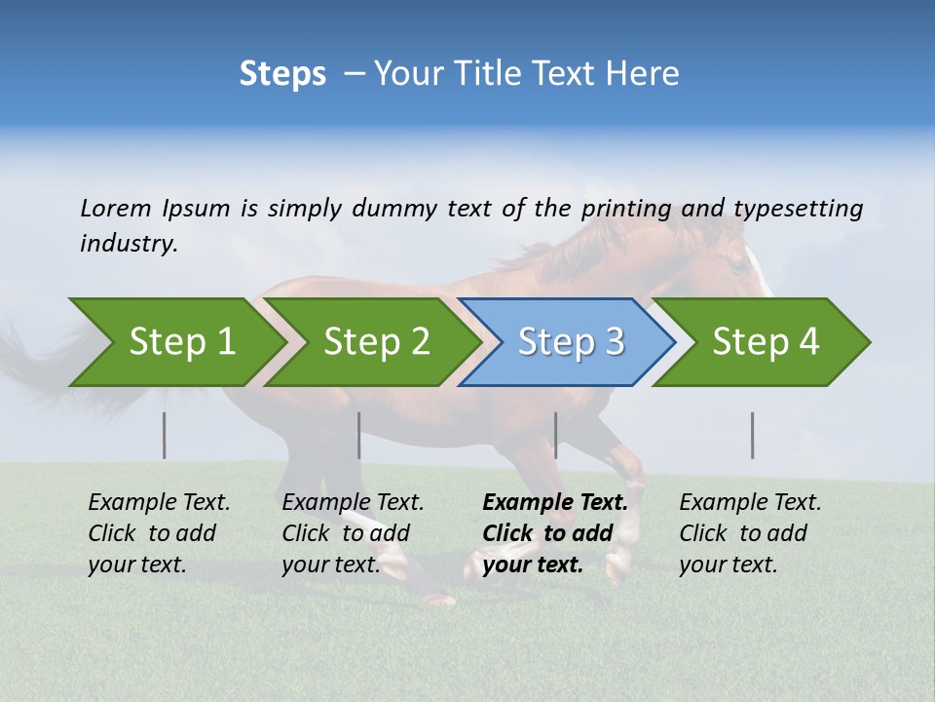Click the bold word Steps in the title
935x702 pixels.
click(x=282, y=74)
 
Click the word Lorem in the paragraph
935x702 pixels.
click(x=116, y=208)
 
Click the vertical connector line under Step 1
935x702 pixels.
click(x=165, y=435)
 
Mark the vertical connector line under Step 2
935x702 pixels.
click(x=359, y=435)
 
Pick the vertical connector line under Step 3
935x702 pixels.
click(x=556, y=435)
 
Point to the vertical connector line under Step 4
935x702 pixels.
click(x=753, y=435)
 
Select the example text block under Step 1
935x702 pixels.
click(x=159, y=533)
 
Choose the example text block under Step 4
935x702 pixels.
click(x=750, y=533)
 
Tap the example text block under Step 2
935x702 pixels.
click(x=353, y=533)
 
